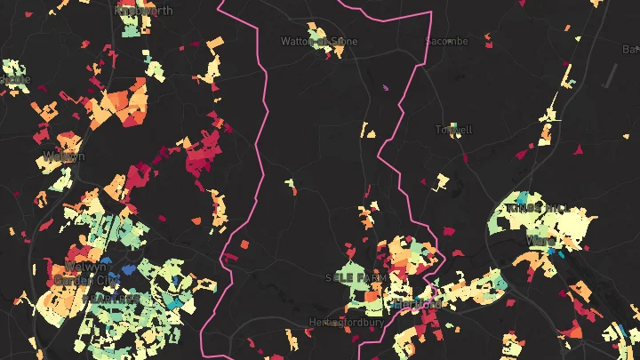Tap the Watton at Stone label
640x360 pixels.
click(x=314, y=41)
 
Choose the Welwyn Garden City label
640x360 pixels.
click(x=86, y=273)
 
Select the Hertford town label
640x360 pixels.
click(x=417, y=304)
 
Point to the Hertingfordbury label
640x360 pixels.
click(x=347, y=322)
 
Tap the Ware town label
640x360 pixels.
click(x=540, y=241)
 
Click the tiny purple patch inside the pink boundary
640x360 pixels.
click(x=386, y=87)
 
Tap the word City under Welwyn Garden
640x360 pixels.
click(x=106, y=279)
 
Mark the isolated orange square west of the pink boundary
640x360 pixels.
click(x=244, y=242)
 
